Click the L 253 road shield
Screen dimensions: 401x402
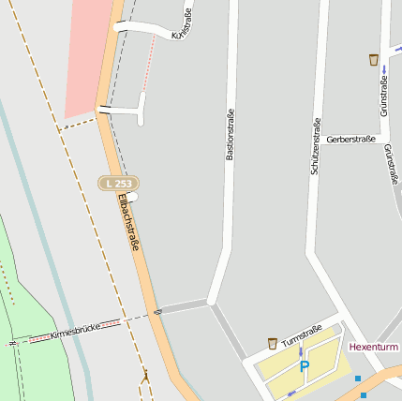pos(119,184)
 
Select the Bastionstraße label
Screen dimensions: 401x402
pos(230,135)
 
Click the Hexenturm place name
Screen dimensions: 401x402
pos(373,347)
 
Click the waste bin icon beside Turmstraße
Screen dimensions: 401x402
pos(273,343)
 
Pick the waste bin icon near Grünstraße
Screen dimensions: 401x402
pos(374,60)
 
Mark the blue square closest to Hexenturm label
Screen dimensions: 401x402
pos(358,379)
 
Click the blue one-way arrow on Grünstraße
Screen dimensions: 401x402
pos(384,71)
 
